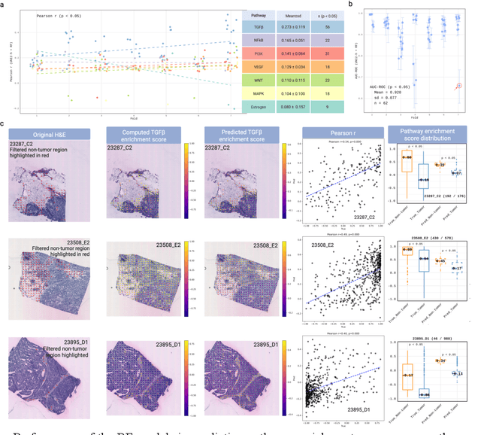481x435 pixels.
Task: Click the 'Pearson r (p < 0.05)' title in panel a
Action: tap(66, 14)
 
